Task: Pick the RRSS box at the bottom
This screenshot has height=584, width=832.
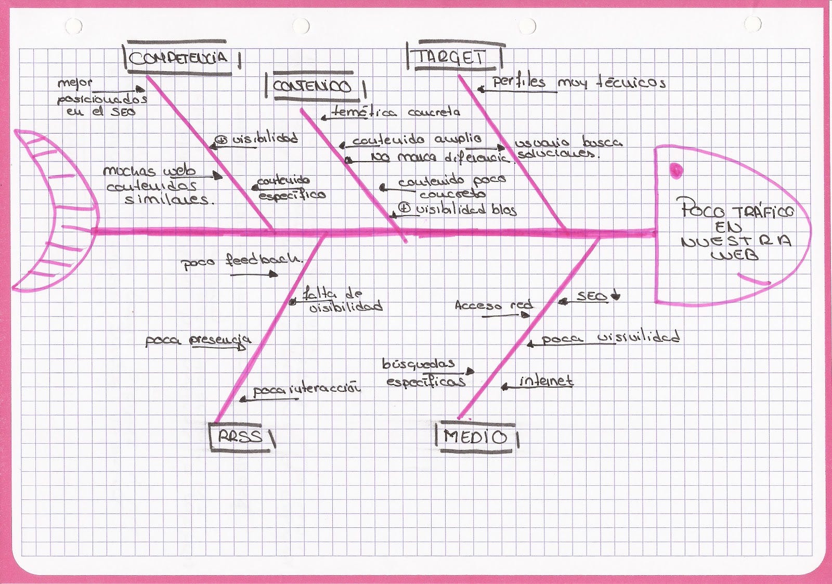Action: pyautogui.click(x=241, y=436)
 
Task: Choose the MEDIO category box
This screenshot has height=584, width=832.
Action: pyautogui.click(x=475, y=437)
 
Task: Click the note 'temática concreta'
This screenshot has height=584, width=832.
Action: pyautogui.click(x=396, y=112)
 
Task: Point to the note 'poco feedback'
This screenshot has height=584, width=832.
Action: pyautogui.click(x=241, y=260)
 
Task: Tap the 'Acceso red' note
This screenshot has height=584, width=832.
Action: pyautogui.click(x=493, y=306)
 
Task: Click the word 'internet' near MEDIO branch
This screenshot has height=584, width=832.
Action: pyautogui.click(x=546, y=381)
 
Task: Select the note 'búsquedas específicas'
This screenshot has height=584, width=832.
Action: pyautogui.click(x=424, y=373)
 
